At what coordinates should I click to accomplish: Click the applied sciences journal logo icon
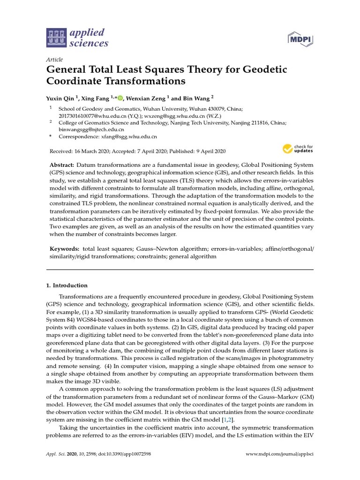pyautogui.click(x=57, y=38)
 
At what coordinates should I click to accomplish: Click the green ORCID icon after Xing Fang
pyautogui.click(x=120, y=98)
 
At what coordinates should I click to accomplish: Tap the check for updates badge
pyautogui.click(x=298, y=149)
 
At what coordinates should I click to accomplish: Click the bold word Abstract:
pyautogui.click(x=62, y=165)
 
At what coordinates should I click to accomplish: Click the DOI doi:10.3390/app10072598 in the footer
pyautogui.click(x=120, y=455)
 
